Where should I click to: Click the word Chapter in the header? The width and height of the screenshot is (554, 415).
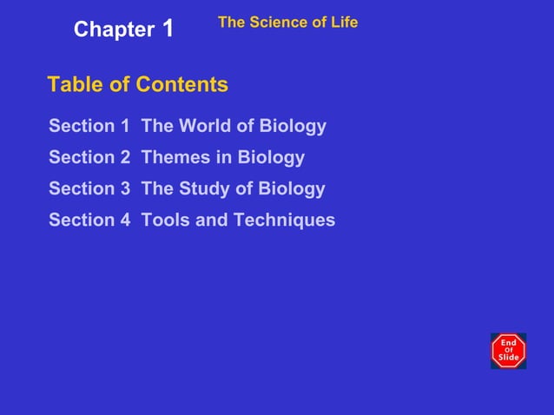pos(113,30)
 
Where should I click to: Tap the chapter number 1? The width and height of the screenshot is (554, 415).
pos(168,29)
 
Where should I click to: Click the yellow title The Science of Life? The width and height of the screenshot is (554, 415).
pos(287,23)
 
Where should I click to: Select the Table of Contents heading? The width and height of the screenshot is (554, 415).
pos(137,84)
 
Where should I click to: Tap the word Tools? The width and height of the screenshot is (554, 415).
pos(165,220)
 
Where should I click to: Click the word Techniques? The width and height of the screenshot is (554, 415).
pos(284,220)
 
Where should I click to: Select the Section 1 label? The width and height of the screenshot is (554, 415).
pos(89,126)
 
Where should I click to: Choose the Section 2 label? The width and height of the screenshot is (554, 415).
pos(89,157)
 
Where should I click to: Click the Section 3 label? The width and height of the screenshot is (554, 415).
pos(89,188)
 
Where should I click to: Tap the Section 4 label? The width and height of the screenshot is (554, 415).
pos(89,220)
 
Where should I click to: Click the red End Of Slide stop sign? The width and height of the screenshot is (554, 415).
pos(508,351)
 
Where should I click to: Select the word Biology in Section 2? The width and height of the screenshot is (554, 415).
pos(271,157)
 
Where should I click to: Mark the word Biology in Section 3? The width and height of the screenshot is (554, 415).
pos(292,188)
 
